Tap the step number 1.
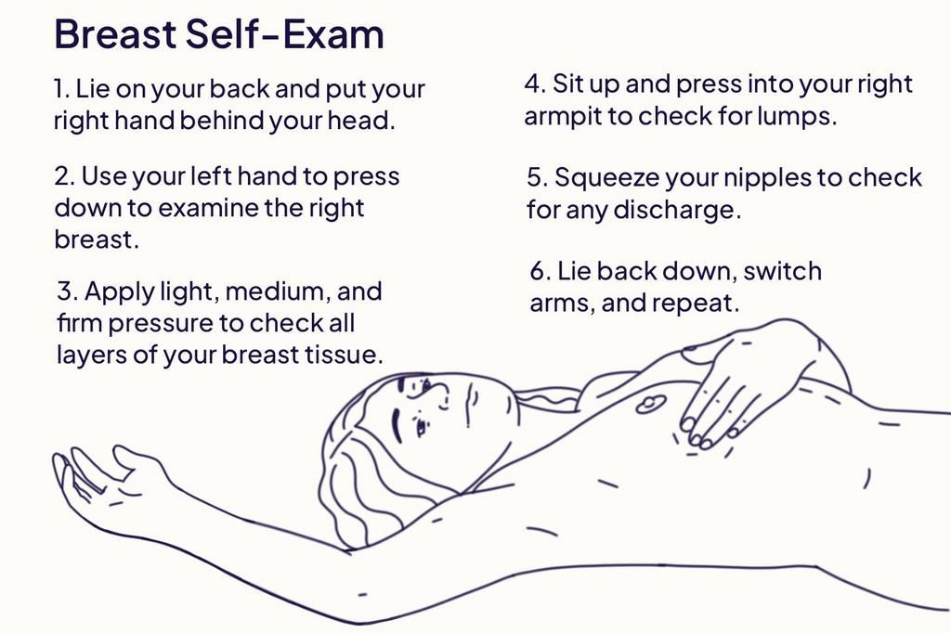point(60,90)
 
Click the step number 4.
point(533,84)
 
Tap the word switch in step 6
point(783,271)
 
